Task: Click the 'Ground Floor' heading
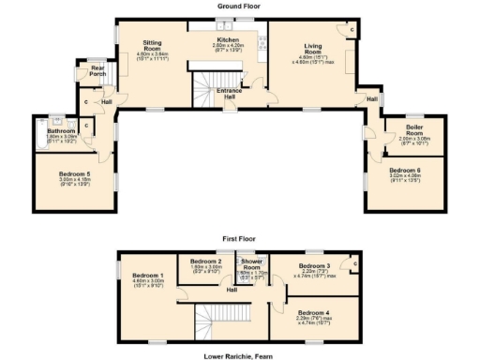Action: [239, 6]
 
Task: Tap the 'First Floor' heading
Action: [240, 239]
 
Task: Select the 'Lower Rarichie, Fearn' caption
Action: [240, 355]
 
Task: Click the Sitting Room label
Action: [152, 46]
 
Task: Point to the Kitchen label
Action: [228, 40]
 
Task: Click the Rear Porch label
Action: [97, 70]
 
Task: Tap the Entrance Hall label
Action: [228, 93]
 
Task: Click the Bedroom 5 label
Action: [74, 173]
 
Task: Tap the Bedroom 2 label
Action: [205, 261]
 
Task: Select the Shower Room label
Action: [251, 263]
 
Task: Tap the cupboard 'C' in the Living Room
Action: [352, 29]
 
